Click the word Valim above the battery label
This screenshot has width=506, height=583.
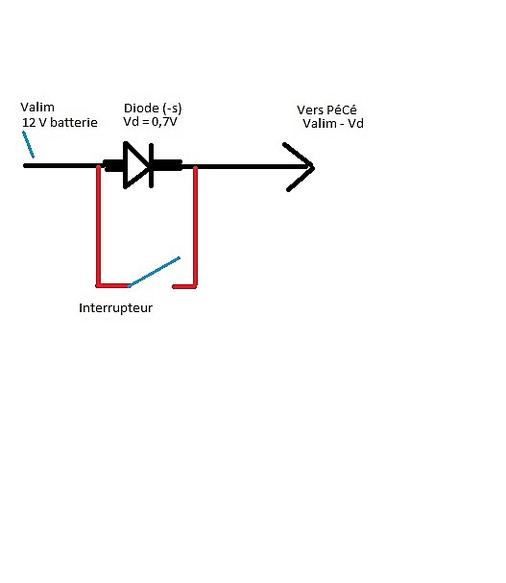[x=37, y=107]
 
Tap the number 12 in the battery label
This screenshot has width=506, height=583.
[x=29, y=122]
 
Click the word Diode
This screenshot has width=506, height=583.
[x=141, y=109]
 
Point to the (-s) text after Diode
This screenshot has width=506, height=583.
[x=172, y=109]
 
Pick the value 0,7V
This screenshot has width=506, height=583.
[x=164, y=122]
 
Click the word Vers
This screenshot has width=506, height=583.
[x=310, y=110]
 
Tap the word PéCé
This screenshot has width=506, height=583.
[x=342, y=110]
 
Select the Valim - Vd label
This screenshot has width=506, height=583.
[x=333, y=124]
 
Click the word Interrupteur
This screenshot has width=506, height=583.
[x=115, y=308]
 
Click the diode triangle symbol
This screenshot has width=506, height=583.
[x=136, y=165]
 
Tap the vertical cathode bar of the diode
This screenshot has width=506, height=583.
[x=152, y=165]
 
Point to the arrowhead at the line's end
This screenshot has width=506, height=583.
[x=300, y=167]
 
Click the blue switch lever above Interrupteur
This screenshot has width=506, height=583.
[x=154, y=272]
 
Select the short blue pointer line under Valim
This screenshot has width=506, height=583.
[x=28, y=145]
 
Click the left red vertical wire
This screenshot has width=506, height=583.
[x=99, y=226]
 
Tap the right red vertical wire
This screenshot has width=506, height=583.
[x=196, y=227]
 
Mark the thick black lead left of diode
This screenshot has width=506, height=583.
[x=113, y=165]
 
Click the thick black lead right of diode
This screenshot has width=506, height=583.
[x=167, y=165]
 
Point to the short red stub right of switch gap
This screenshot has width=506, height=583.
[x=183, y=286]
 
